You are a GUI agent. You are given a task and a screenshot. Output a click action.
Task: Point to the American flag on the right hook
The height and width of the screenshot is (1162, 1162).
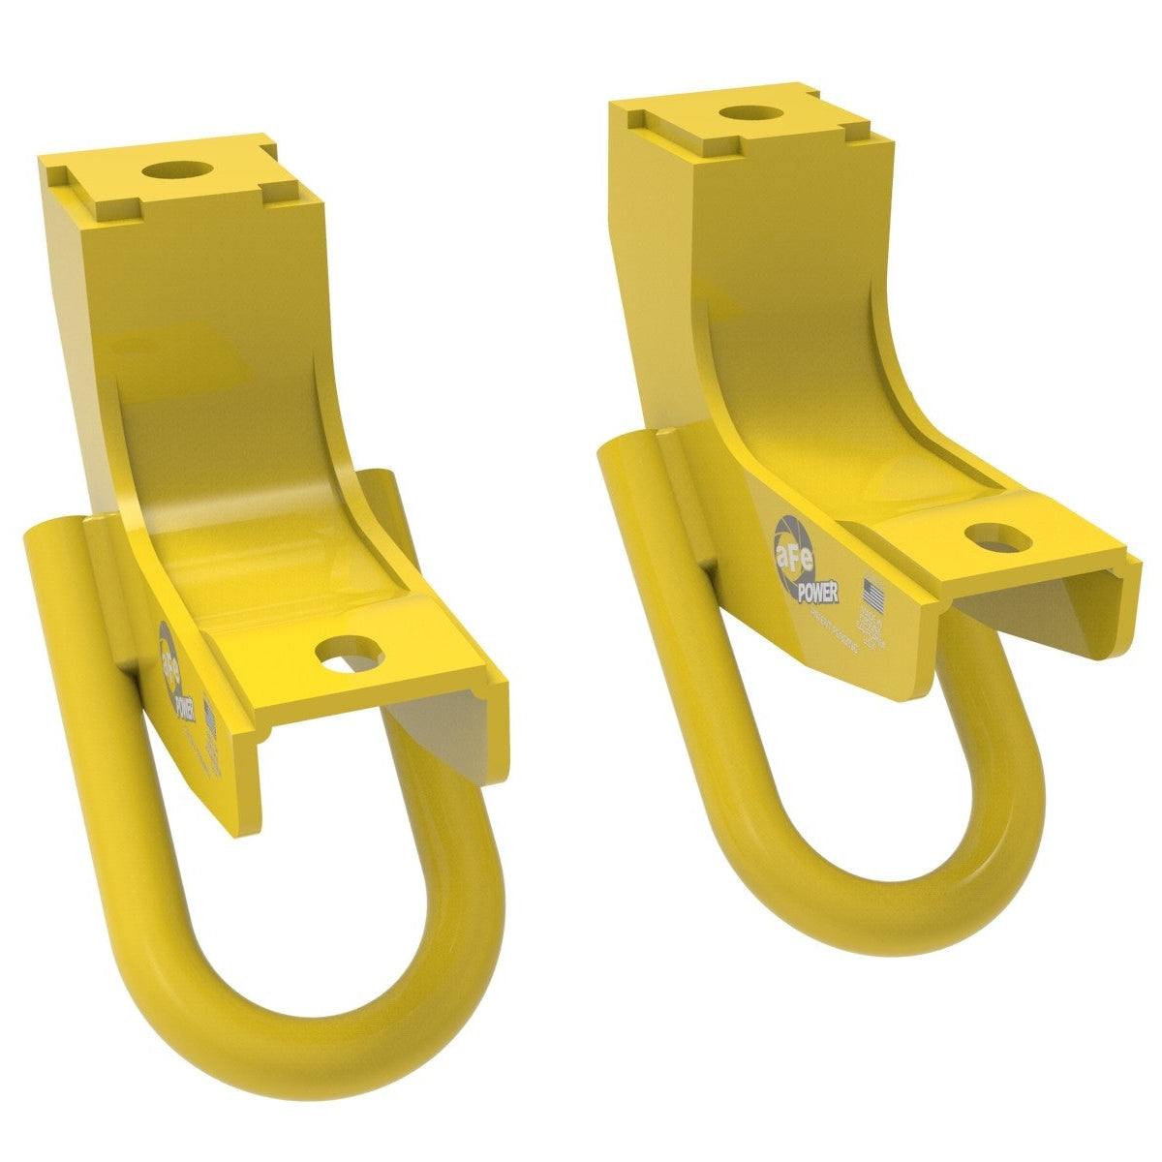874,591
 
